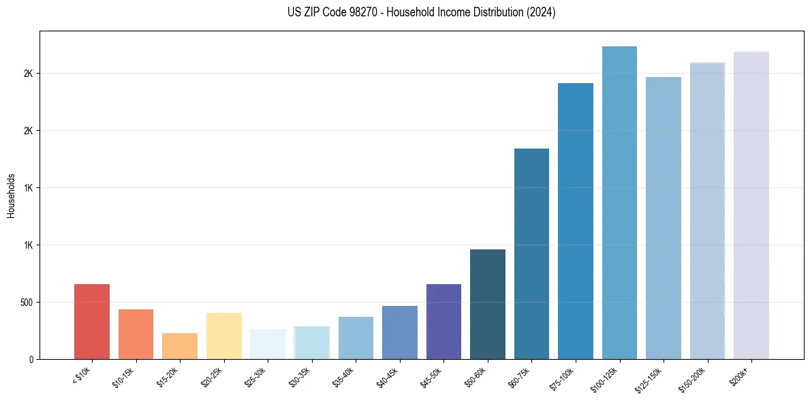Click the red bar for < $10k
92,322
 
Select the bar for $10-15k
136,334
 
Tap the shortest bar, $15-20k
180,346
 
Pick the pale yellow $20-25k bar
223,336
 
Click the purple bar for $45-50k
443,322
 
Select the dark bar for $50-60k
488,304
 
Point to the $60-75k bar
531,253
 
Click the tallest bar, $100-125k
619,203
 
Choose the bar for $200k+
751,205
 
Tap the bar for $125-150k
664,218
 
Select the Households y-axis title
12,195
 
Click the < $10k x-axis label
82,377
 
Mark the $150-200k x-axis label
696,379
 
